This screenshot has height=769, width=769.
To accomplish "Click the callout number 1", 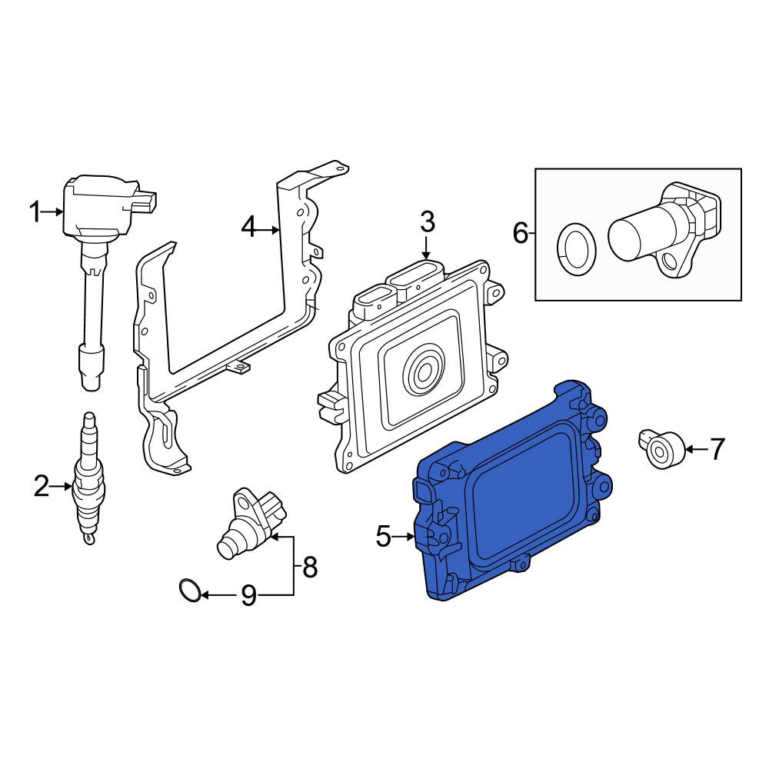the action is pos(35,212).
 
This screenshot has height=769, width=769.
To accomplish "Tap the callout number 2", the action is pos(42,487).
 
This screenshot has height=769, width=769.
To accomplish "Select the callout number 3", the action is pos(428,221).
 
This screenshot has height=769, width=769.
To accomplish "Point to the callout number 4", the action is pos(249,228).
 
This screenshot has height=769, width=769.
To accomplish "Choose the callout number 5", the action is pos(384,537).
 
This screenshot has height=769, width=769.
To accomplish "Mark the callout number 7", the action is pos(717,449).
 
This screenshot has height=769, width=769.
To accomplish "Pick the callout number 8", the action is pos(309,568).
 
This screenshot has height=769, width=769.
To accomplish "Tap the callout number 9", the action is pos(248,596).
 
